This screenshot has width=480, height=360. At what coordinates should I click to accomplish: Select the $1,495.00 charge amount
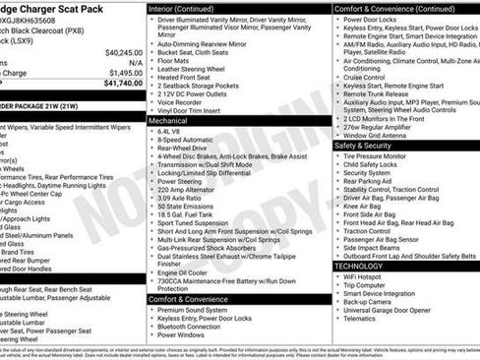125,73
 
